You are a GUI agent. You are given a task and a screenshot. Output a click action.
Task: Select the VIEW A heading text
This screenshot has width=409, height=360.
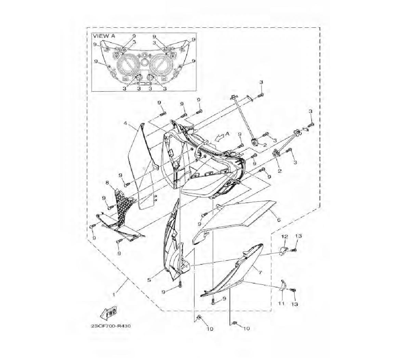(x=104, y=36)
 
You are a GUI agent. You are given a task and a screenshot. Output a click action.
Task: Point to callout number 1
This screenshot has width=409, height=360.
(x=114, y=294)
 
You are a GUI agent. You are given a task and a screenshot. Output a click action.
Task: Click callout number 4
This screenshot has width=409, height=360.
(x=125, y=123)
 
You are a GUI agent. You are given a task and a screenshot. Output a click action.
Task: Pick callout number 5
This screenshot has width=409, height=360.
(x=149, y=280)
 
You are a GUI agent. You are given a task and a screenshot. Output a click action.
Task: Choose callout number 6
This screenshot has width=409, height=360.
(x=279, y=220)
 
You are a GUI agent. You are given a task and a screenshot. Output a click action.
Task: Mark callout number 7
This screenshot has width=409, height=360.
(x=260, y=273)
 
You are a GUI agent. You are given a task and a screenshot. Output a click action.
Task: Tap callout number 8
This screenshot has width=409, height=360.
(x=107, y=182)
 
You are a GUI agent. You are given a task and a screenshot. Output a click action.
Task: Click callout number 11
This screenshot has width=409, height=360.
(x=281, y=304)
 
